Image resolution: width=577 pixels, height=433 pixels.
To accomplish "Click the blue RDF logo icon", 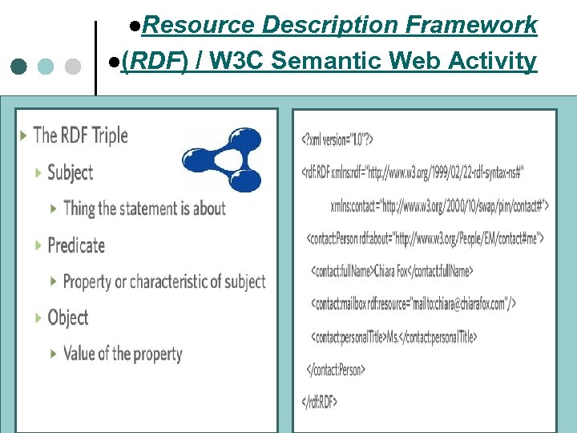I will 222,160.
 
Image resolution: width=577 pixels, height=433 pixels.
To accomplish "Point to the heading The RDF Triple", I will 80,136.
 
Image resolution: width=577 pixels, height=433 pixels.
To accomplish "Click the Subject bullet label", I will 70,172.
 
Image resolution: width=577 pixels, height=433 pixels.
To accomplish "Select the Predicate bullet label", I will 76,245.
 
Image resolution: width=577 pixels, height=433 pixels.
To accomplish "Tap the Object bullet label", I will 68,318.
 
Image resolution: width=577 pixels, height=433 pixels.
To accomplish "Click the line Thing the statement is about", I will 144,208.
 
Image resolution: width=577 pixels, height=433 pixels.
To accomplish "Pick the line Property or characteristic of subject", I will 163,281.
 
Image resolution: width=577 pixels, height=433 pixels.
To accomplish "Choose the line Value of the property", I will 123,354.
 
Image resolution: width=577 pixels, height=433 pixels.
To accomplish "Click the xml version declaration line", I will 337,140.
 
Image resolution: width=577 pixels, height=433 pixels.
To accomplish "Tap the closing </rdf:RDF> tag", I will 319,402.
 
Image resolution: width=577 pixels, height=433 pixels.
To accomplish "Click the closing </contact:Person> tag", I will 337,370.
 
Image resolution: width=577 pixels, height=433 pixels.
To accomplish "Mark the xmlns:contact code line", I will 439,205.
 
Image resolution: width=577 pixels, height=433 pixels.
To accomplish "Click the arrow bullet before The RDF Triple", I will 22,136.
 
